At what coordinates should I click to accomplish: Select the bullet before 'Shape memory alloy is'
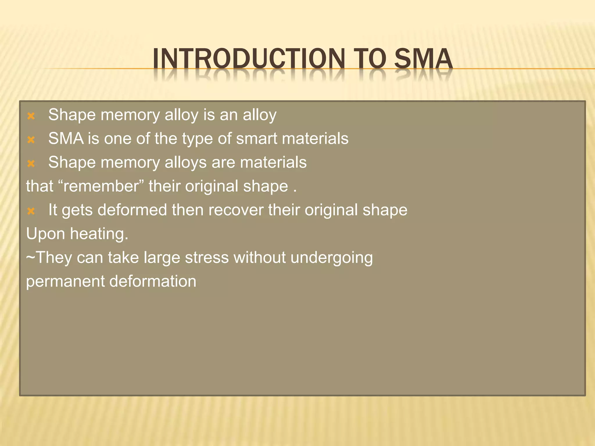click(31, 116)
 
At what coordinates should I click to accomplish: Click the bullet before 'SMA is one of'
click(31, 140)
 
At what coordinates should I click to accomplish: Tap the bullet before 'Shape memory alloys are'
click(31, 164)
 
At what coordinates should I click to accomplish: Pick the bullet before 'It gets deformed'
click(31, 211)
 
